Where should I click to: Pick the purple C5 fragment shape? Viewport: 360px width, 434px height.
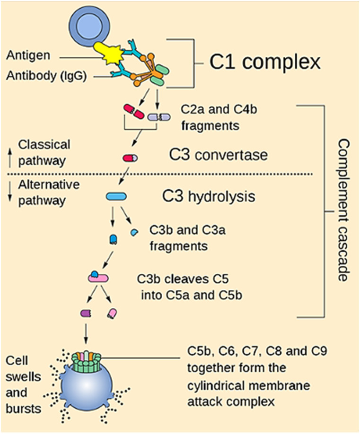pyautogui.click(x=86, y=313)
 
